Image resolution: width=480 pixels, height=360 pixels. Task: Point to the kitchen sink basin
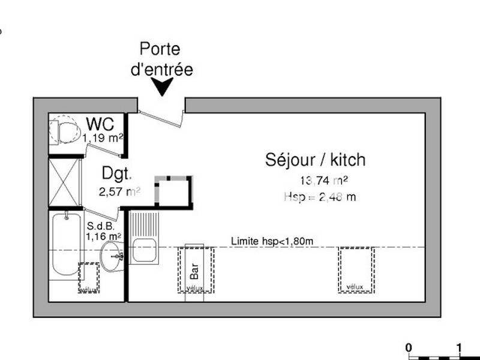pos(144,250)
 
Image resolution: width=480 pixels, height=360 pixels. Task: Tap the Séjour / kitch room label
pos(315,160)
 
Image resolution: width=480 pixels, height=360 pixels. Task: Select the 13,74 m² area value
pos(324,180)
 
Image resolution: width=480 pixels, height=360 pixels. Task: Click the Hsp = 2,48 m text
pos(320,197)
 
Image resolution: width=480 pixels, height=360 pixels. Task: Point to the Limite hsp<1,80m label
pos(272,241)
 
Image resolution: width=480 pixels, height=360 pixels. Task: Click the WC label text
pos(101,124)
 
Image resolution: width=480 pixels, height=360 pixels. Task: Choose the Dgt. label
pos(116,174)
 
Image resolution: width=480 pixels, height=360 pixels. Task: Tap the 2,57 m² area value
pos(119,192)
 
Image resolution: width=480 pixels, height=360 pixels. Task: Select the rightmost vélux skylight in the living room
pos(356,269)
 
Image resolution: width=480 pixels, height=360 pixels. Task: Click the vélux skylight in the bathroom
pos(89,278)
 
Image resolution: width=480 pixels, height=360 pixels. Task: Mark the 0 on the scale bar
pos(409,347)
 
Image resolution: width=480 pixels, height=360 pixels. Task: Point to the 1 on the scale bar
pos(459,347)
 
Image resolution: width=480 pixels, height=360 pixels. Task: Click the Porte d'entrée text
pos(161,59)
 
